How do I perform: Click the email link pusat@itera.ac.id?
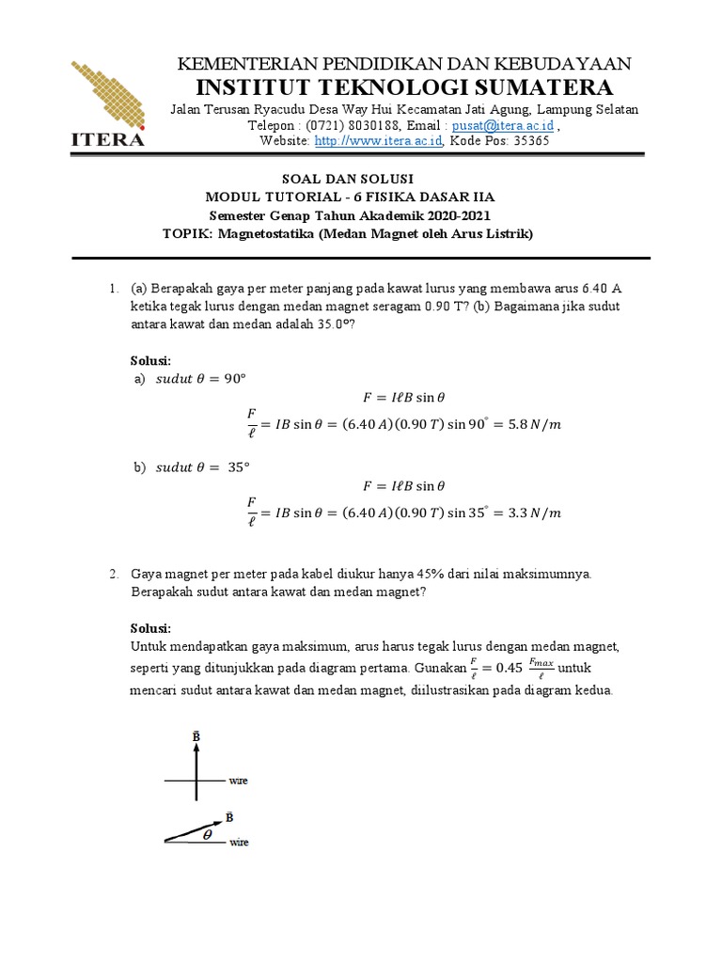tap(503, 125)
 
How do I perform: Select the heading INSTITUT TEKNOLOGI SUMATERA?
tap(404, 87)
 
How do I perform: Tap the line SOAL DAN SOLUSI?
tap(349, 179)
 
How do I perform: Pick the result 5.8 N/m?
tap(532, 424)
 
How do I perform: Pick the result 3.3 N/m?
tap(532, 513)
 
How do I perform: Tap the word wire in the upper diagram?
tap(238, 781)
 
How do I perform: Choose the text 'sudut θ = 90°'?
tap(199, 378)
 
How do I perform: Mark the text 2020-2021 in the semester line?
tap(447, 215)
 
